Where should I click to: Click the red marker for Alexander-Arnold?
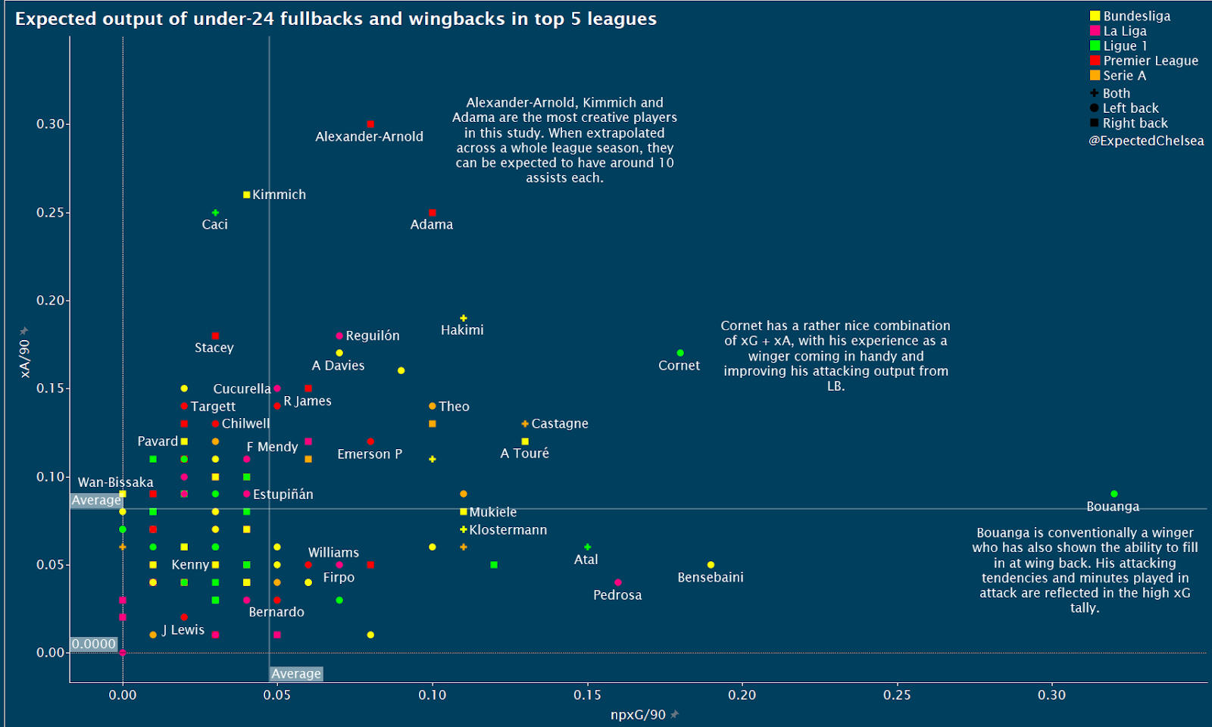(370, 124)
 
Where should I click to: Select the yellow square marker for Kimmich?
(246, 195)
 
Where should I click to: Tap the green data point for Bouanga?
(1114, 494)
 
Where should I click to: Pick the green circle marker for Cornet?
(680, 353)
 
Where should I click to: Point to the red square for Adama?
(432, 213)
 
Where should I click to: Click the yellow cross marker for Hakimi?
(463, 318)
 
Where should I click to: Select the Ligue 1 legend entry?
(1125, 45)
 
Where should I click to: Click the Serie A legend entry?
(1124, 75)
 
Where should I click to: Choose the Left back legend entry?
(1130, 108)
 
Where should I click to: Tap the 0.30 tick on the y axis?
(51, 124)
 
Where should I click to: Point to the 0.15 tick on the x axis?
(587, 695)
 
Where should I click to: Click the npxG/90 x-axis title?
(638, 715)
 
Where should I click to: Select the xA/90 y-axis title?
(25, 358)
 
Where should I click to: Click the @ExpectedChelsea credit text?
(1146, 141)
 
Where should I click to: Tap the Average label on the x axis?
(296, 674)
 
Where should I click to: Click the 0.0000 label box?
(94, 644)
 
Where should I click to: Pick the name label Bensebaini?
(711, 577)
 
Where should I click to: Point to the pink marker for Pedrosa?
(618, 582)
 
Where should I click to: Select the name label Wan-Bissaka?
(115, 482)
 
